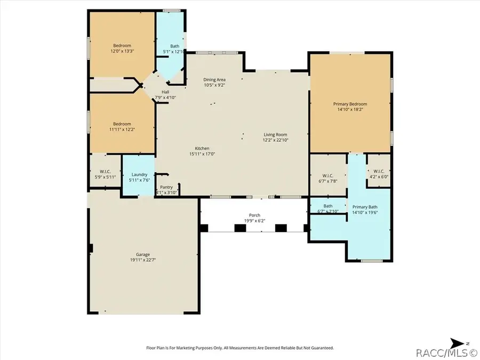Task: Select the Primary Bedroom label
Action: [350, 104]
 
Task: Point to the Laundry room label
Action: [139, 174]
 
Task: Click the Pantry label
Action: [166, 187]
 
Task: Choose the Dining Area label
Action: [214, 79]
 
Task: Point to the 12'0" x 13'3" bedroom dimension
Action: [122, 51]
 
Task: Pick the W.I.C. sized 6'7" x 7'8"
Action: [328, 181]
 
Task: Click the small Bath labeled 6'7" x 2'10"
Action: [328, 211]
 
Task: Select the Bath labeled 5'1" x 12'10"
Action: [174, 52]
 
